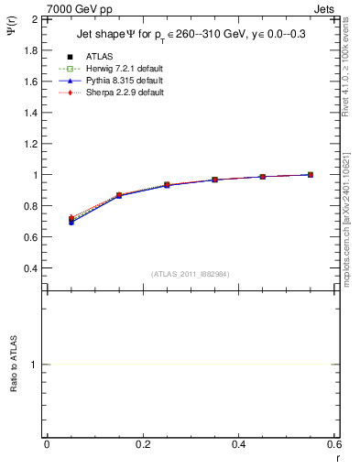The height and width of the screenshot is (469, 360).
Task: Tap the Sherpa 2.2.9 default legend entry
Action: coord(125,93)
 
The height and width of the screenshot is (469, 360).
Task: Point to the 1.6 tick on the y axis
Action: coord(30,82)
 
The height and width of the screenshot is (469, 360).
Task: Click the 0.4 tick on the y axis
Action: coord(30,268)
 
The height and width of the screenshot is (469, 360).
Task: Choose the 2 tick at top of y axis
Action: coord(34,19)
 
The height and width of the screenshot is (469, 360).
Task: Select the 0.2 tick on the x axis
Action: coord(142,445)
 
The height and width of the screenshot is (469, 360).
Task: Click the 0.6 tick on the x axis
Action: coord(333,445)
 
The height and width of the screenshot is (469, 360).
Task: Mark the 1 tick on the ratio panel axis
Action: coord(34,365)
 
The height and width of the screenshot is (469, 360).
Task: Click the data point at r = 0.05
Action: coord(71,220)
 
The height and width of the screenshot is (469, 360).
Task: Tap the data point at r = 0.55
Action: coord(311,174)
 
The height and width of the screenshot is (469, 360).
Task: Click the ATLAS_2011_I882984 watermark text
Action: coord(191,274)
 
